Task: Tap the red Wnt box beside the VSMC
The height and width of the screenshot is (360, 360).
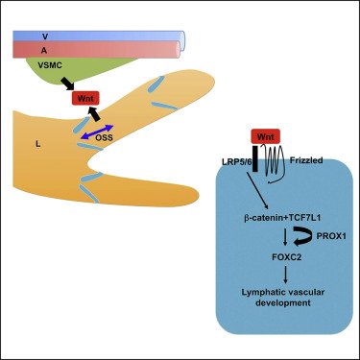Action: coord(85,97)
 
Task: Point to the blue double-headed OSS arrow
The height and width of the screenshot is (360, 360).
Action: coord(96,134)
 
